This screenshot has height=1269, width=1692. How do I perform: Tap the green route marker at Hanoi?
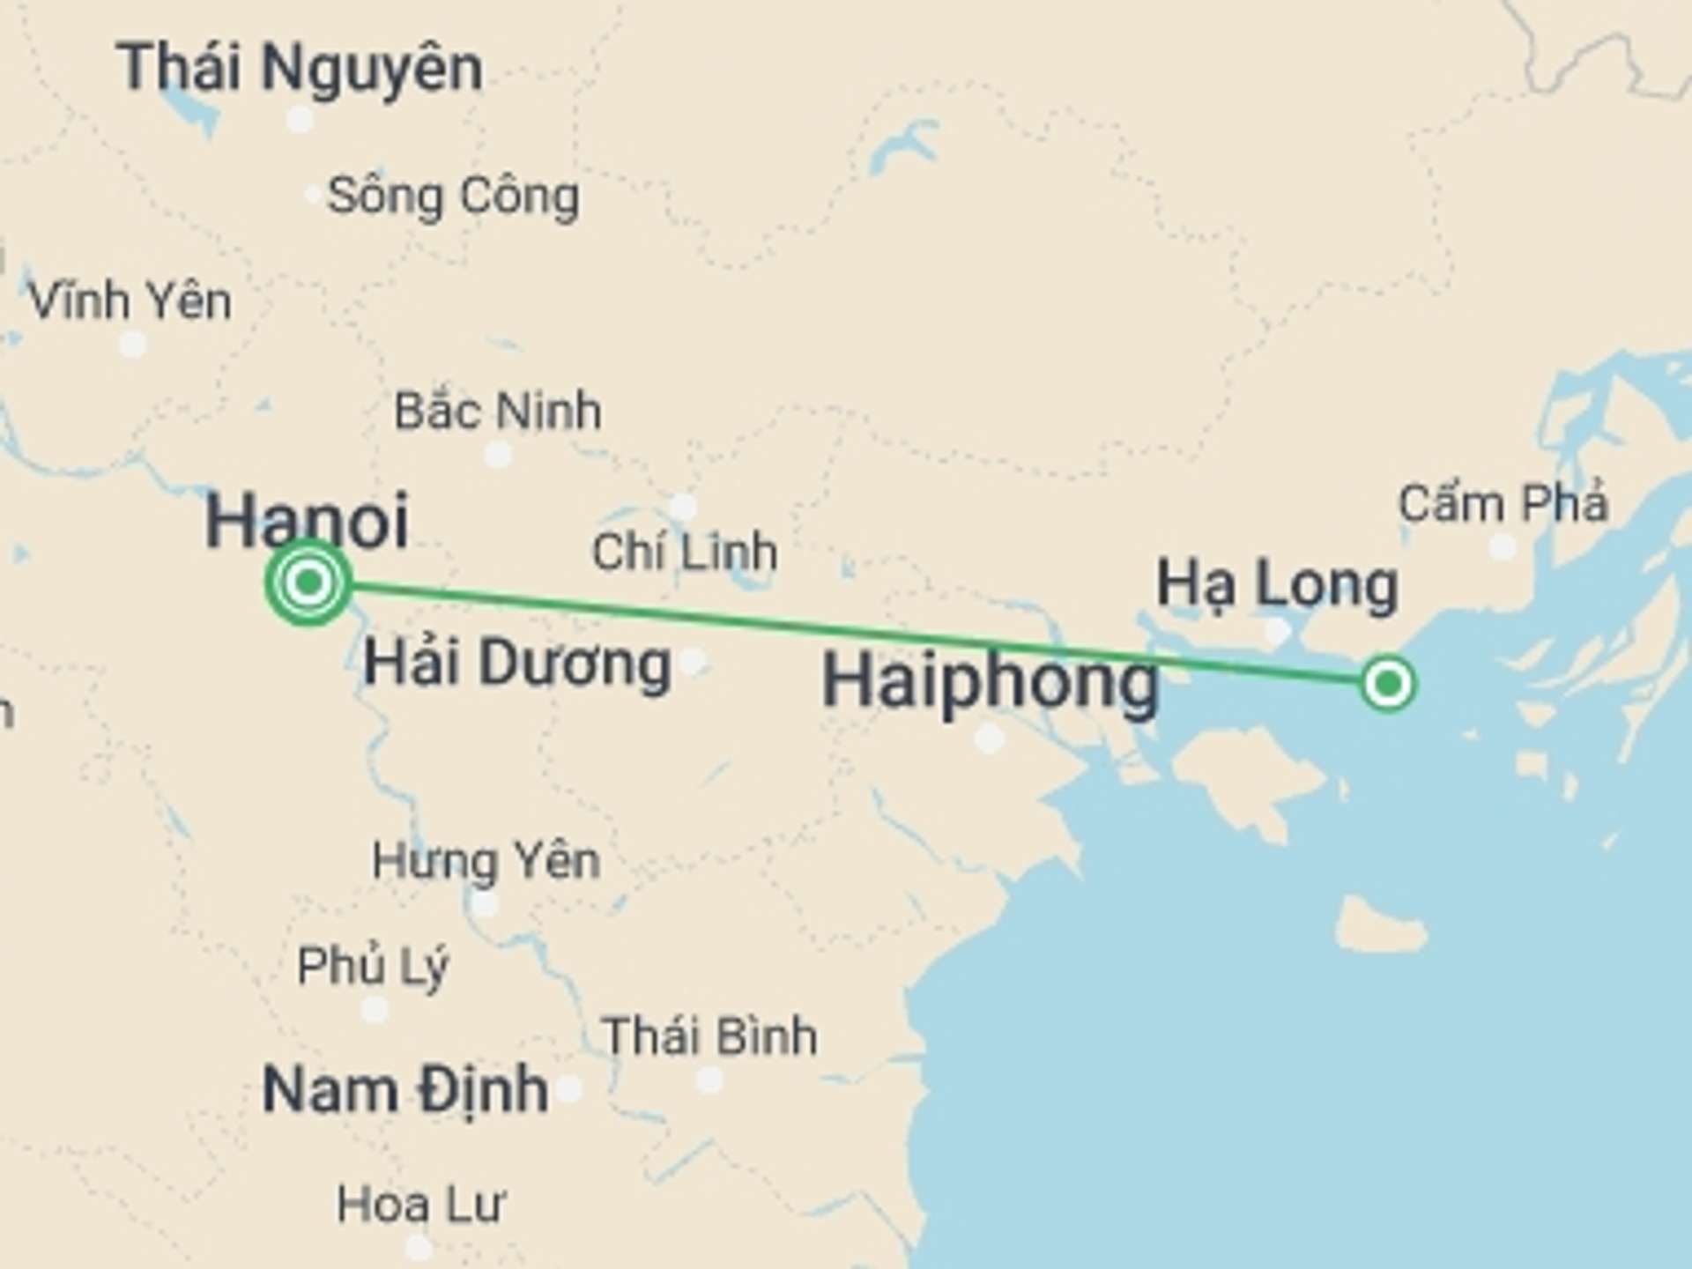tap(308, 583)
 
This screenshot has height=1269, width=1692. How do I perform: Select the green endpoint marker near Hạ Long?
tap(1388, 683)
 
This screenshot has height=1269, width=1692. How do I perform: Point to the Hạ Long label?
tap(1277, 584)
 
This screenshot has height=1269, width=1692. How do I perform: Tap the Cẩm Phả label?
tap(1503, 503)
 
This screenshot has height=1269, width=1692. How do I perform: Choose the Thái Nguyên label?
tap(300, 68)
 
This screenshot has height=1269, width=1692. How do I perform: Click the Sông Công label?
tap(453, 196)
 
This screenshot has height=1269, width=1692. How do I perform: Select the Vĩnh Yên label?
tap(130, 301)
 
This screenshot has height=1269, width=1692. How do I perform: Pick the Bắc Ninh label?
tap(498, 411)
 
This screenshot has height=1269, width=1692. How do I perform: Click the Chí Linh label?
tap(684, 553)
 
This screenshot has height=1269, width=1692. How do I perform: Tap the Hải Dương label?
tap(517, 663)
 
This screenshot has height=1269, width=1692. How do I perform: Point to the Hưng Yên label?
tap(486, 860)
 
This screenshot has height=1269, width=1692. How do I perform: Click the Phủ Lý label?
tap(373, 966)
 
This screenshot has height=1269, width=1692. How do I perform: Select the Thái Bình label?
tap(709, 1035)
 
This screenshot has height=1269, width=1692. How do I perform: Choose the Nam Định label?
tap(405, 1089)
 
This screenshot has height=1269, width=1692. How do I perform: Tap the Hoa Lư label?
tap(421, 1204)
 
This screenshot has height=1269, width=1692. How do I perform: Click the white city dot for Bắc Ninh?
tap(498, 456)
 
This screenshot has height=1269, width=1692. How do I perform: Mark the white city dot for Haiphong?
tap(989, 738)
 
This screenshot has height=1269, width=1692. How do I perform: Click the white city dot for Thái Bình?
tap(709, 1080)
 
